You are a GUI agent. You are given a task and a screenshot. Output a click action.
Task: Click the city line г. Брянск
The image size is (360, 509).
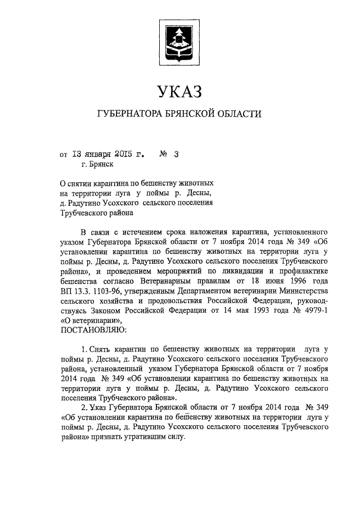pos(97,164)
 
